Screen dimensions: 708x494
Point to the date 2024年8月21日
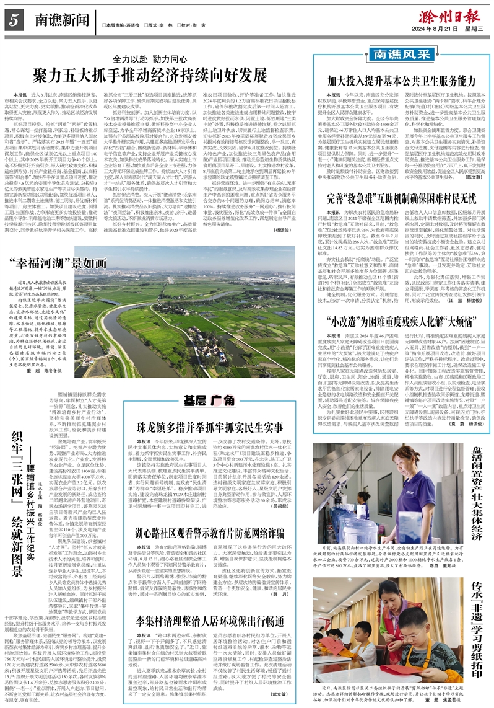coord(440,27)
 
